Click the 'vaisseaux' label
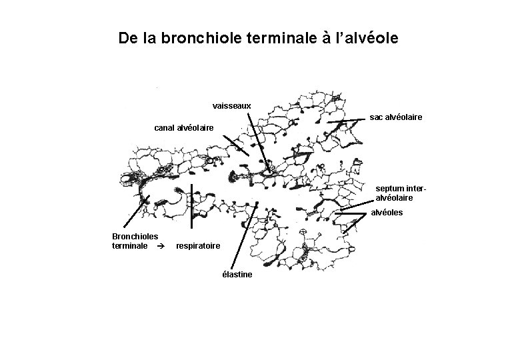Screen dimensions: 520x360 (231, 105)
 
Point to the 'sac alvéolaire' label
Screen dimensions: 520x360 (396, 117)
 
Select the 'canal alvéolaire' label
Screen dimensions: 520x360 (183, 127)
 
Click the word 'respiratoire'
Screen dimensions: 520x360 (198, 246)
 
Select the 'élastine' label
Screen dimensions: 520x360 (237, 275)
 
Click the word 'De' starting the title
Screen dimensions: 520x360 (127, 38)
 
